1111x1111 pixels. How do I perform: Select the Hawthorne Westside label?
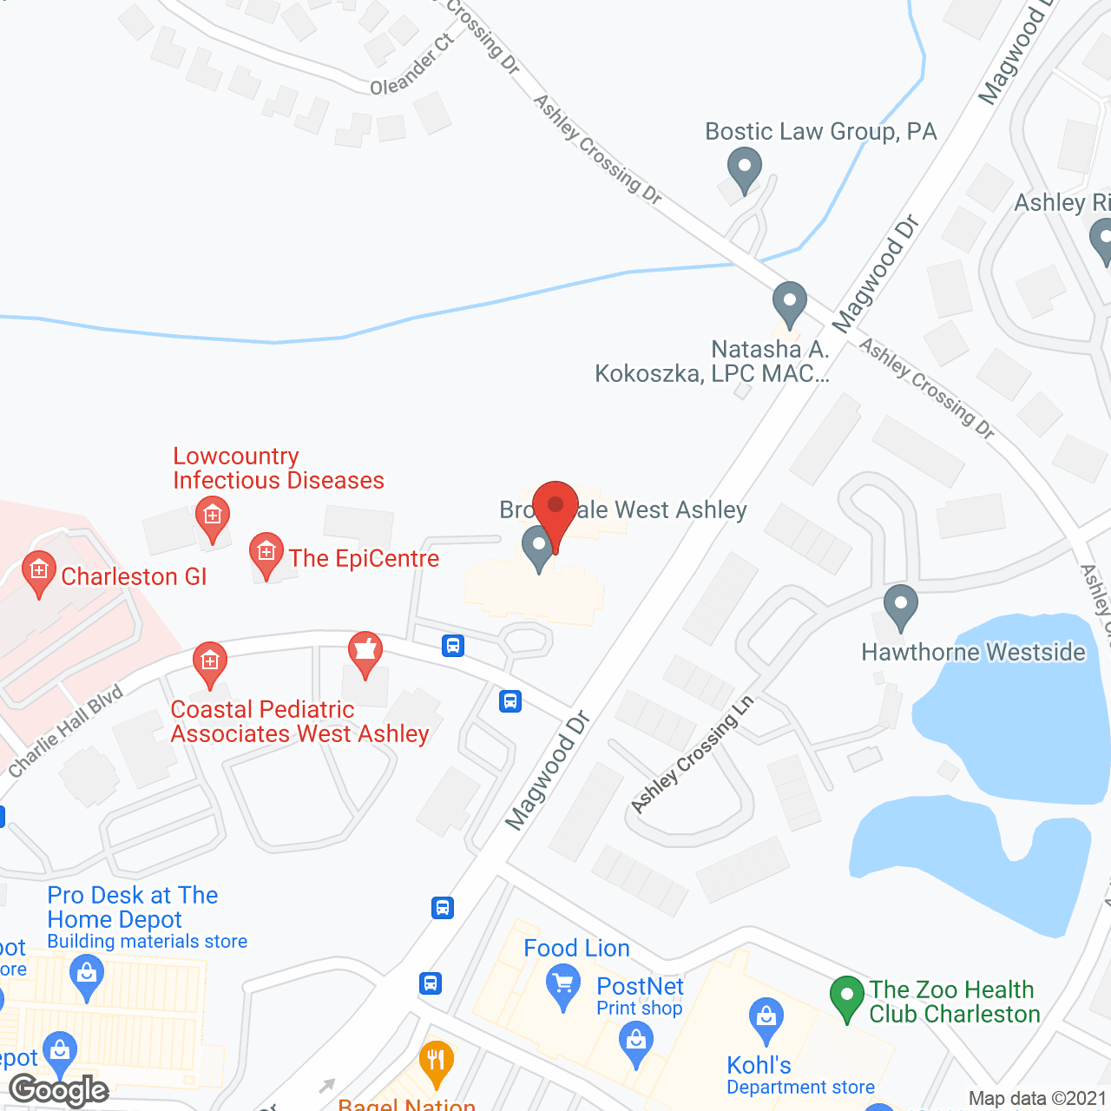pos(973,652)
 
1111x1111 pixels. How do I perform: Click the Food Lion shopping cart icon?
pos(563,987)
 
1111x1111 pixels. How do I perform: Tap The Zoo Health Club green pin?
pos(847,996)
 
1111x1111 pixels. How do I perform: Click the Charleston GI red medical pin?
pos(38,573)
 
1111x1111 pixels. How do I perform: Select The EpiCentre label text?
pos(364,558)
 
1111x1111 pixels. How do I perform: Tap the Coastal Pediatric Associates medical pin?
pos(209,664)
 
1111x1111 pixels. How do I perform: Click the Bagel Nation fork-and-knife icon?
pos(436,1062)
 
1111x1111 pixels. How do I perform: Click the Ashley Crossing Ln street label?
pos(692,755)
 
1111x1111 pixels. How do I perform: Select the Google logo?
pos(59,1090)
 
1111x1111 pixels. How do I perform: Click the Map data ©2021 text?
pos(1037,1099)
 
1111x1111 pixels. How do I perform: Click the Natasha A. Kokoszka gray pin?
pos(789,305)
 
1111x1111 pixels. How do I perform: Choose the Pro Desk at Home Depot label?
pos(133,907)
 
